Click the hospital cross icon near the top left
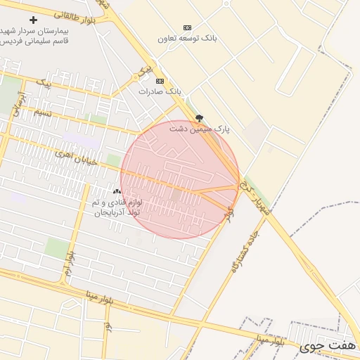33,20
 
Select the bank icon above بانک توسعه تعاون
187,27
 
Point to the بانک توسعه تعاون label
187,38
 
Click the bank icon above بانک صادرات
159,81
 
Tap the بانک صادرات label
160,91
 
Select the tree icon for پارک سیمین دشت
199,118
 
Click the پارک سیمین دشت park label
199,129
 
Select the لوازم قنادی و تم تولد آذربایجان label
117,207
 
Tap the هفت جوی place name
328,346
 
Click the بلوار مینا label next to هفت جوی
270,340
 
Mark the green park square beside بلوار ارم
57,247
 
